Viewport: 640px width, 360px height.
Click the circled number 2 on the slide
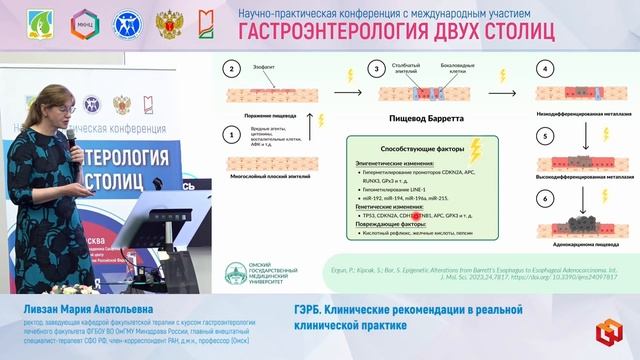click(233, 69)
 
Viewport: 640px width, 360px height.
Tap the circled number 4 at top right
click(546, 69)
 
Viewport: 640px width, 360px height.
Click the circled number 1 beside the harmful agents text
click(232, 134)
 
